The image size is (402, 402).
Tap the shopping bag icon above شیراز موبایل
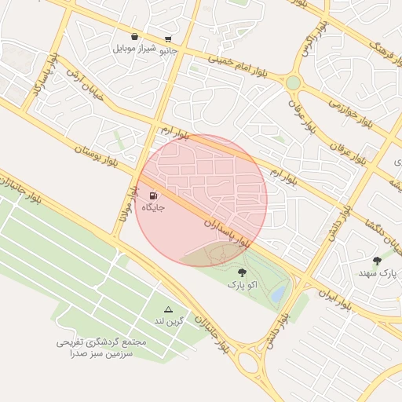(x=135, y=36)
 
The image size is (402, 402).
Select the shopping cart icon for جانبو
(x=168, y=39)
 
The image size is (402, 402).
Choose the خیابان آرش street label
(x=86, y=83)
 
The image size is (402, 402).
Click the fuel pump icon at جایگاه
(x=153, y=196)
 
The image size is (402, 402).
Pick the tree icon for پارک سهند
(x=378, y=260)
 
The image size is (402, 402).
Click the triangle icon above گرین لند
(x=167, y=309)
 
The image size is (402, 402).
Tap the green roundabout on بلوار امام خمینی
(x=293, y=82)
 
